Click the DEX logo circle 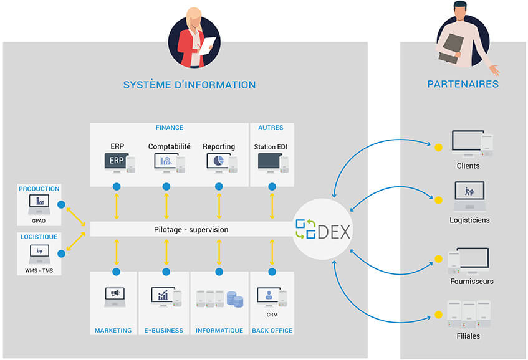(x=322, y=230)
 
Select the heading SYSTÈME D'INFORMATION (x=190, y=85)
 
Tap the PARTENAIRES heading (x=463, y=84)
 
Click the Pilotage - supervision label (x=191, y=230)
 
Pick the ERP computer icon (x=118, y=163)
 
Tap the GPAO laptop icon (x=39, y=204)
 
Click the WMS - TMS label (x=39, y=270)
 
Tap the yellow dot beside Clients (x=438, y=148)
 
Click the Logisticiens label (x=469, y=220)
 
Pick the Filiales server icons (x=468, y=315)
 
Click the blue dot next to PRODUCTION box (x=61, y=204)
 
